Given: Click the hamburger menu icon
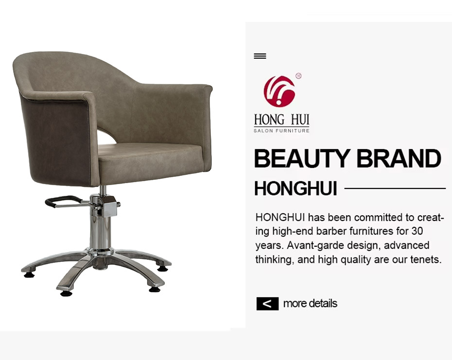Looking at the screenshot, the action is point(260,56).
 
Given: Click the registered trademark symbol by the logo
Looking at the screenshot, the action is point(298,76).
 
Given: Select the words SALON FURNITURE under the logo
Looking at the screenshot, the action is point(281,131).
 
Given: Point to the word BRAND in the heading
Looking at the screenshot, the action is point(399,158).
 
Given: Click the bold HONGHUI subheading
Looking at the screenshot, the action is point(296,189).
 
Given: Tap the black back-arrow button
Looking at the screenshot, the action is point(267,304).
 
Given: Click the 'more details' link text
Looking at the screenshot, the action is point(310,303).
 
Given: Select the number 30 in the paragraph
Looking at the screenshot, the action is point(417,231).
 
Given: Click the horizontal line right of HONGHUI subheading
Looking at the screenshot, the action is point(395,189).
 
